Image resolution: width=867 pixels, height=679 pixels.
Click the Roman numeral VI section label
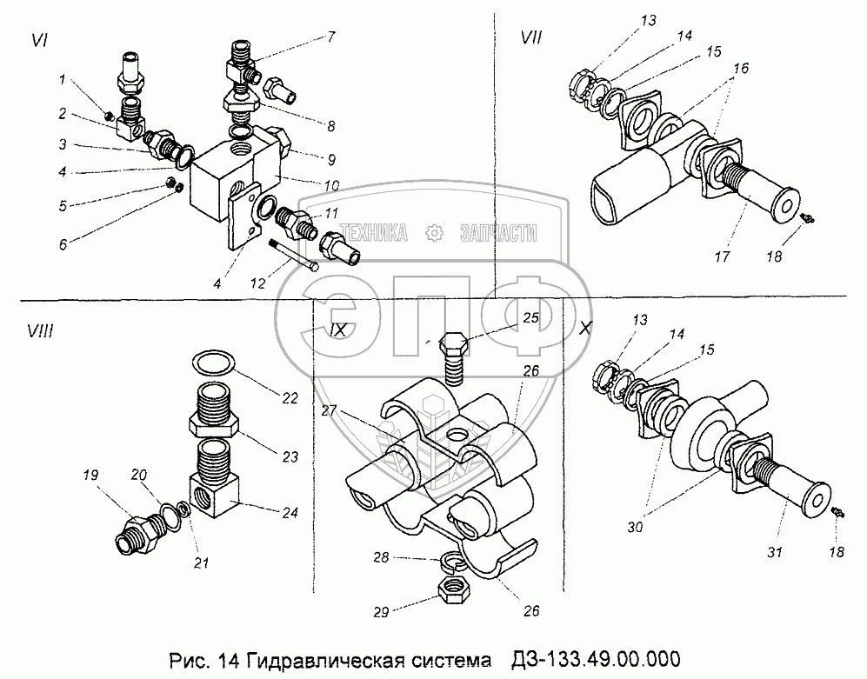tap(39, 40)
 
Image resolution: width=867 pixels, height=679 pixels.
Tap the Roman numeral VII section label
tap(532, 37)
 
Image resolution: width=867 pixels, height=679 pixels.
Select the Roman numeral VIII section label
tap(40, 331)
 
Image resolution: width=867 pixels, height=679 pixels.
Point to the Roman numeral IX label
tap(337, 330)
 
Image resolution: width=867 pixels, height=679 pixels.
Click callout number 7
tap(330, 37)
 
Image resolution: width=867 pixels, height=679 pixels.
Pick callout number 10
tap(331, 185)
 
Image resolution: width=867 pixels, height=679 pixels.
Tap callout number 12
tap(257, 283)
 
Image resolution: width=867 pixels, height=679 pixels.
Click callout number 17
tap(722, 256)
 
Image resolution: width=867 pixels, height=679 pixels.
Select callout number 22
tap(290, 398)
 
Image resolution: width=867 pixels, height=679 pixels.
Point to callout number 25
tap(530, 317)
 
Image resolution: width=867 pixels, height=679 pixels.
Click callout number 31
tap(775, 552)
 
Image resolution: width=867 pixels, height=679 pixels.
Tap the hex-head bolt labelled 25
tap(454, 359)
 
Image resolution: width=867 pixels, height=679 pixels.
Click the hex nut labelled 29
tap(455, 592)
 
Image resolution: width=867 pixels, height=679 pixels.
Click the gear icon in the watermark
tap(435, 233)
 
